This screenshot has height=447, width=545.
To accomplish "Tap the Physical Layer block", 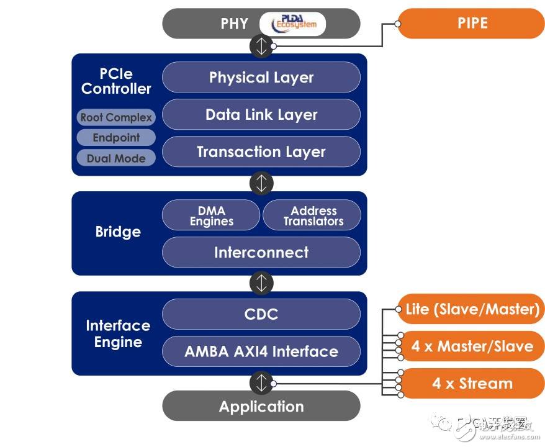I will point(261,78).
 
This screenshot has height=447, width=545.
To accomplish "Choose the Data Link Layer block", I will point(261,115).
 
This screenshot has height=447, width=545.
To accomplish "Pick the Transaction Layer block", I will point(261,152).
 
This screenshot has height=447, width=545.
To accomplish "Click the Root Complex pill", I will point(116,117).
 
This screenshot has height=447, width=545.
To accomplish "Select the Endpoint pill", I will point(116,138).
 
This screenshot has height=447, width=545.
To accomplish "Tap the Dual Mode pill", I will point(116,158).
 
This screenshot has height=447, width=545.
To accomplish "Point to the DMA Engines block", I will point(211,215).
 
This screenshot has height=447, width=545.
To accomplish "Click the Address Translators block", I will point(312,215).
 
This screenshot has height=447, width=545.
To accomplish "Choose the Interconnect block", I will point(261,253).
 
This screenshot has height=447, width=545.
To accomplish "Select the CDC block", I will point(261,314).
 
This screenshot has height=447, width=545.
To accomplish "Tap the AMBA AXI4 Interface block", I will point(261,351).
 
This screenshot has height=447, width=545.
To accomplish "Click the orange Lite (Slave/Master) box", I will point(472,309).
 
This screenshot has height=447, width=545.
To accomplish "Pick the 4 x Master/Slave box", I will point(472,346).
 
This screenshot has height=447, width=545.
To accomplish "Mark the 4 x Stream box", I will point(472,383).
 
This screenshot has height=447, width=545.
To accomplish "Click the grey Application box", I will point(261,407).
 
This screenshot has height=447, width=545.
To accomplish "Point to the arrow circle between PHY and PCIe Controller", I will point(261,46).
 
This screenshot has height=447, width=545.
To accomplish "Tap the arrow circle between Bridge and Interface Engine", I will point(261,283).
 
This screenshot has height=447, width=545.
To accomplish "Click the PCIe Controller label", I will point(116,81).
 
